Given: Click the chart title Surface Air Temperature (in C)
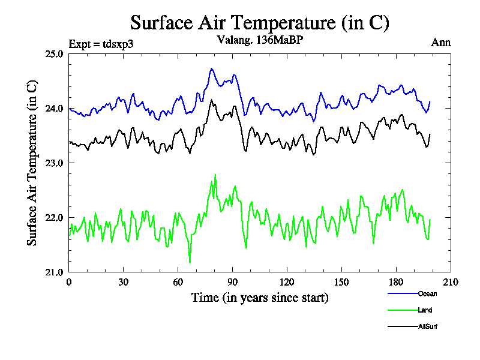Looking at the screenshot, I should [x=260, y=23].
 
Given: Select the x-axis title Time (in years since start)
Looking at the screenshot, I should [x=260, y=298].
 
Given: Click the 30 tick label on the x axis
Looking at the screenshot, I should [x=124, y=283].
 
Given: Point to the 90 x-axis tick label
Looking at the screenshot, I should [x=233, y=283].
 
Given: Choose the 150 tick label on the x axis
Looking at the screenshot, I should [x=341, y=283].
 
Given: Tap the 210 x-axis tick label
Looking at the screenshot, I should [x=451, y=283].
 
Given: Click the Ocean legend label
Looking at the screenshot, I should [x=427, y=294].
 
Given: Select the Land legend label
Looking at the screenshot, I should [x=425, y=310].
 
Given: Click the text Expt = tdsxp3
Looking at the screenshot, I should [x=106, y=43].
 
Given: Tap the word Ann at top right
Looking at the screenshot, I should [x=441, y=43].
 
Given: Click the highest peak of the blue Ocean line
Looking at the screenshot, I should [x=212, y=68].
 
